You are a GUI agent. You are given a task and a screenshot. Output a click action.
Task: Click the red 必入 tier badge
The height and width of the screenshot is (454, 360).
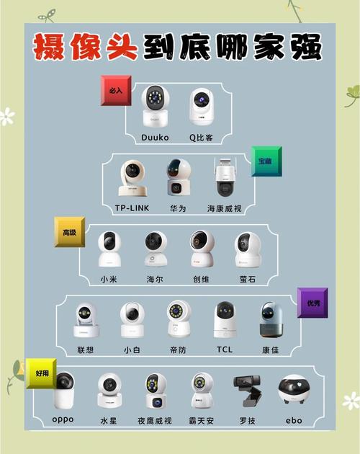click(116, 90)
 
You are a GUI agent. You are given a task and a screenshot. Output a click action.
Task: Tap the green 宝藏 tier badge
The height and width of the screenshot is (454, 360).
click(266, 161)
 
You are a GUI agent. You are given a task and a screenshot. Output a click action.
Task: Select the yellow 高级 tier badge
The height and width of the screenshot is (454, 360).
click(69, 233)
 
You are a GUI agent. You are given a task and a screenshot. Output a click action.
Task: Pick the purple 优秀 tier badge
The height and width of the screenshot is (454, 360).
click(312, 303)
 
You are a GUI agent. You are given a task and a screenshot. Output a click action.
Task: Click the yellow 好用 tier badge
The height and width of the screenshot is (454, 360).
click(41, 373)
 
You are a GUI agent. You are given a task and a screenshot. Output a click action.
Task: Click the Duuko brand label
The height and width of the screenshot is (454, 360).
click(155, 137)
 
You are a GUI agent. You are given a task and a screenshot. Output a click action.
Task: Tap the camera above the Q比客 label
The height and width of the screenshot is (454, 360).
click(202, 107)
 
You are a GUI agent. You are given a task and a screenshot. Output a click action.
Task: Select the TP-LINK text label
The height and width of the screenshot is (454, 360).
click(132, 208)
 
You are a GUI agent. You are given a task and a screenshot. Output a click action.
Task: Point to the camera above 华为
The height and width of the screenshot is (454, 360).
click(177, 177)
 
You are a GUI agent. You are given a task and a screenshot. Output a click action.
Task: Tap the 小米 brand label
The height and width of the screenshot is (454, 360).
click(109, 279)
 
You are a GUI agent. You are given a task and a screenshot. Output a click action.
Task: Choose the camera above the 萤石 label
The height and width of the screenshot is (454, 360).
click(248, 249)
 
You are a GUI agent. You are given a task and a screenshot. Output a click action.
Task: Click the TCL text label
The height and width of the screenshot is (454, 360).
click(225, 350)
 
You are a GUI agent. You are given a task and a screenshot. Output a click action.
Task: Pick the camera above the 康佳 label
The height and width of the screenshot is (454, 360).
click(271, 319)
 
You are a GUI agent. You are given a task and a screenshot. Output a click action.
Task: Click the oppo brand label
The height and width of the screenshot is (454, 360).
click(63, 419)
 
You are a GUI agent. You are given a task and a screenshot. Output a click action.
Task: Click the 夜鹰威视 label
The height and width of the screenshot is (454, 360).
click(155, 420)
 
